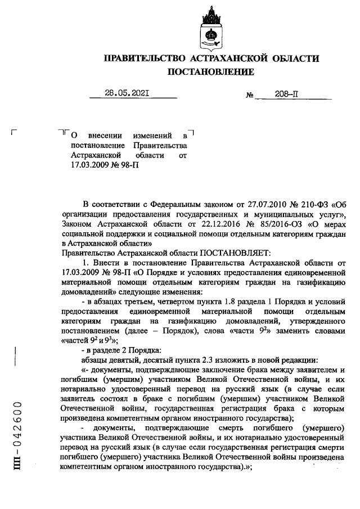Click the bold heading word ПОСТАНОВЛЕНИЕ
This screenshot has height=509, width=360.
(211, 72)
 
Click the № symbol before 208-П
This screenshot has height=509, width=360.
(249, 96)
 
